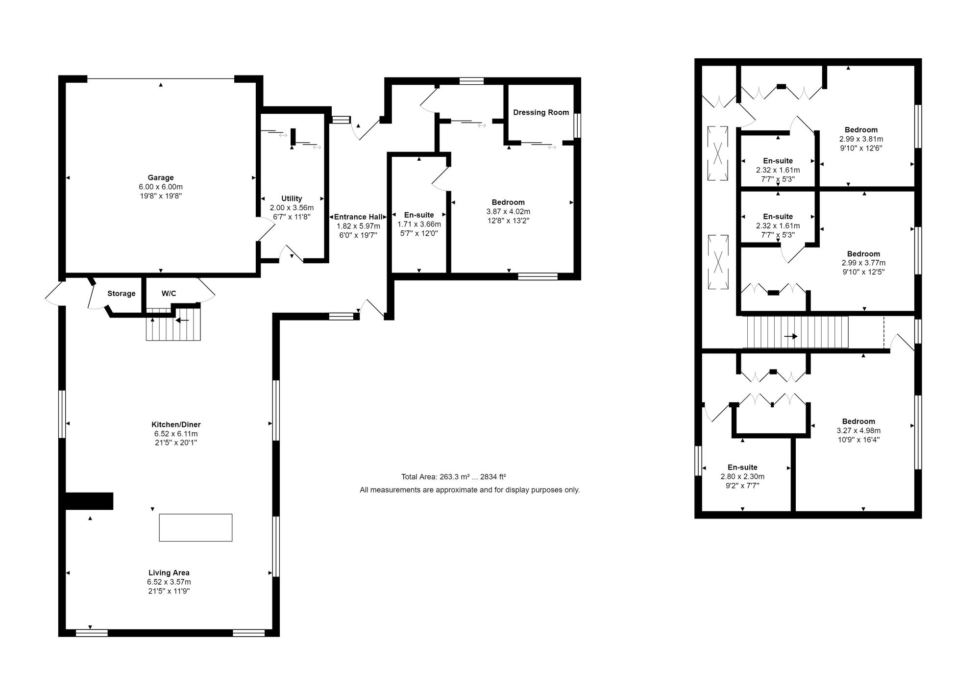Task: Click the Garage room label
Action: tap(161, 177)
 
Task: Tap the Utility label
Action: tap(292, 199)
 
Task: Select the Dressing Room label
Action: tap(541, 112)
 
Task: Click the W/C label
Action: tap(169, 294)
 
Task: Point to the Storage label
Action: tap(122, 294)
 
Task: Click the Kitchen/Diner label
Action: tap(176, 424)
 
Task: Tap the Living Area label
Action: tap(169, 572)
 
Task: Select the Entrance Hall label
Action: tap(359, 217)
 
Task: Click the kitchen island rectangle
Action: tap(196, 527)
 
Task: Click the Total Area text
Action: tap(454, 476)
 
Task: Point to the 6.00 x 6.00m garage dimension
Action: tap(161, 187)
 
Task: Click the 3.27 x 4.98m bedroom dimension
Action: tap(858, 431)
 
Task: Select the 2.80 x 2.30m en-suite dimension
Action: tap(742, 476)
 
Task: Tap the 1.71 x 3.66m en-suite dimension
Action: tap(419, 224)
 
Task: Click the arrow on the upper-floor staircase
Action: tap(790, 336)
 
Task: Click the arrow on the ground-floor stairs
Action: tap(182, 321)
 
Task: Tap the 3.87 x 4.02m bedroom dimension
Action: tap(508, 212)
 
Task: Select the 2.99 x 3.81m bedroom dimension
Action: tap(861, 139)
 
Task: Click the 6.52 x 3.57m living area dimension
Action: tap(169, 582)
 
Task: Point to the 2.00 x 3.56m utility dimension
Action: tap(292, 208)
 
